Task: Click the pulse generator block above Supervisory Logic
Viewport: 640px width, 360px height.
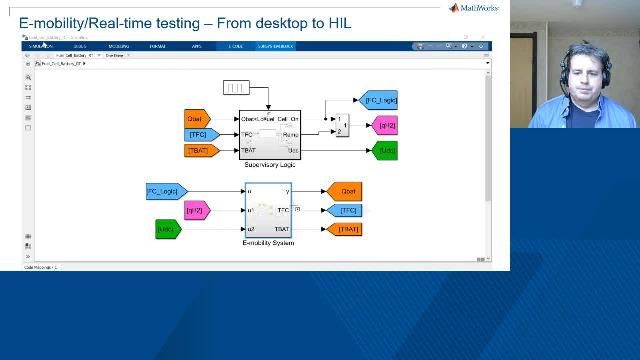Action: (x=236, y=88)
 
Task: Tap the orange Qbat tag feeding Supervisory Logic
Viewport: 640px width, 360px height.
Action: (x=196, y=118)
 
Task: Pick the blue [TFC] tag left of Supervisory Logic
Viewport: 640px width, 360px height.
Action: (x=201, y=134)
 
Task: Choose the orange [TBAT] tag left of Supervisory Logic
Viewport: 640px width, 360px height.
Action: (x=202, y=150)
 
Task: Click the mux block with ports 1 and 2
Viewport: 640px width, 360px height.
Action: (x=340, y=126)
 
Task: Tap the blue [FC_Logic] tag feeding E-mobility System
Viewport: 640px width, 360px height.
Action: (x=166, y=190)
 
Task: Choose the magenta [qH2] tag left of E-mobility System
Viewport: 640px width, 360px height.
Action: (x=197, y=210)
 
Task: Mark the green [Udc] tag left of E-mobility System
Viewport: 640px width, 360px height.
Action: (x=168, y=229)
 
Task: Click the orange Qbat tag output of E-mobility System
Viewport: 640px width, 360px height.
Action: (x=343, y=190)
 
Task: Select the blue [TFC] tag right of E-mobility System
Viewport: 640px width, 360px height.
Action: (x=345, y=210)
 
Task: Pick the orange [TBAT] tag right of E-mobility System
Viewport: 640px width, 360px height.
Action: (x=343, y=229)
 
